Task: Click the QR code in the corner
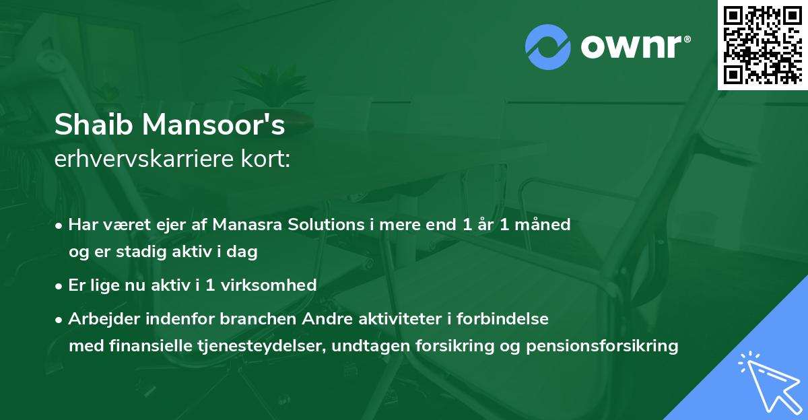click(x=762, y=44)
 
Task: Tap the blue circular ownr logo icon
click(x=548, y=46)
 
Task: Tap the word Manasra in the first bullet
click(x=244, y=225)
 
